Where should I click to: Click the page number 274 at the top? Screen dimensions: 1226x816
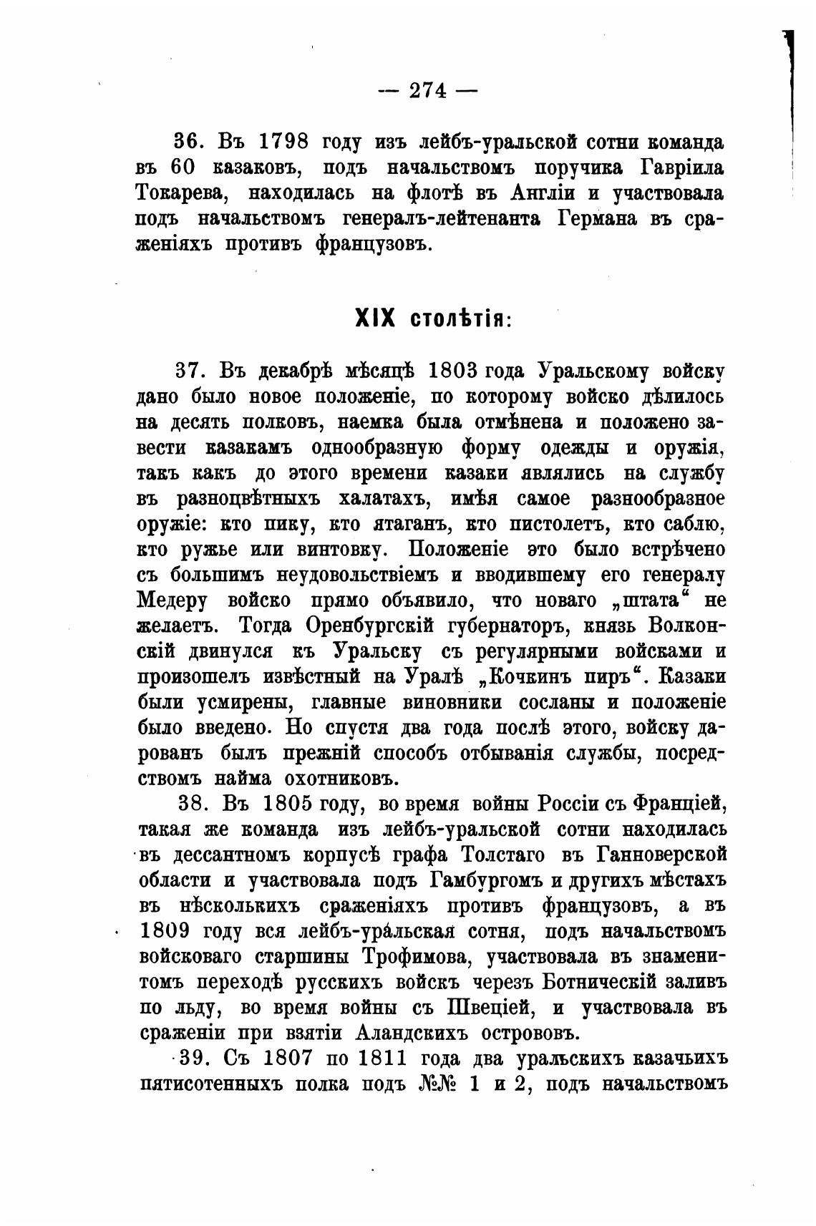[x=427, y=90]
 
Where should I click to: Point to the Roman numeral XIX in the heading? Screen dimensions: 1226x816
[x=375, y=318]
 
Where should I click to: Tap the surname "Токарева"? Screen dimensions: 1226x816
[x=180, y=193]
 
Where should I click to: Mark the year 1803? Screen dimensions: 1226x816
[x=452, y=371]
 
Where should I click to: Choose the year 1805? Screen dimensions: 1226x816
[x=290, y=804]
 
